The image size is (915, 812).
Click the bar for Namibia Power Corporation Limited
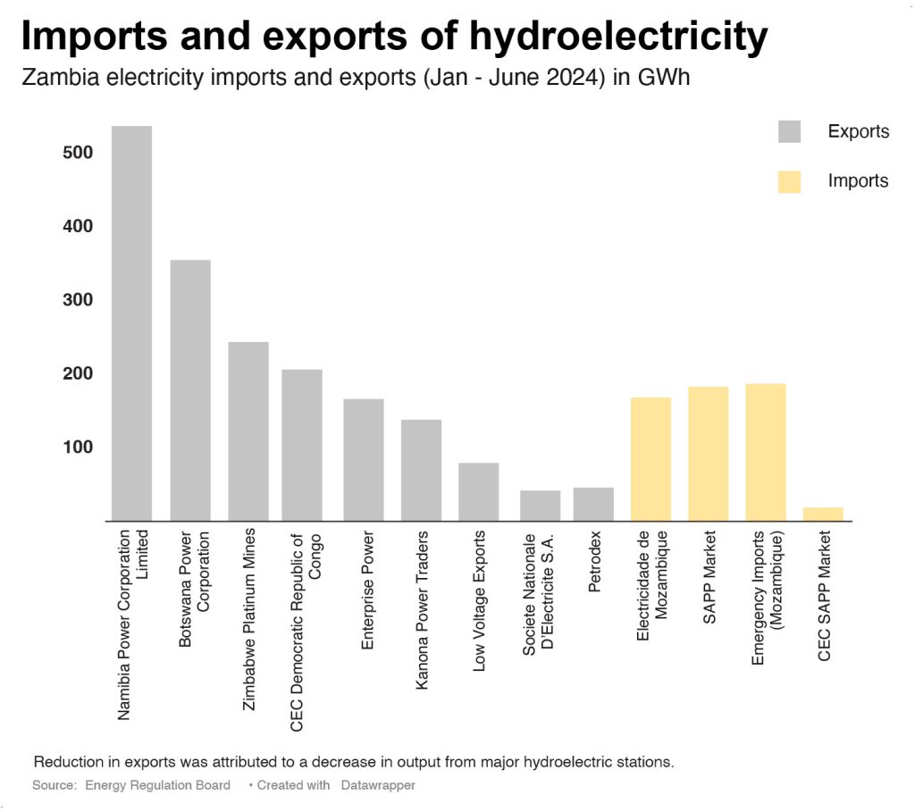coord(131,322)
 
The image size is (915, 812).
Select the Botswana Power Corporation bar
coord(190,390)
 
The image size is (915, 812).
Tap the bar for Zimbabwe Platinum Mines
coord(248,431)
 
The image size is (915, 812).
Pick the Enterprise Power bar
coord(364,459)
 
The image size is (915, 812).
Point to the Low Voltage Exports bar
coord(479,491)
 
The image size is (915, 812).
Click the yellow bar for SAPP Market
coord(708,454)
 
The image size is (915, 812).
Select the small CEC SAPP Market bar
coord(823,514)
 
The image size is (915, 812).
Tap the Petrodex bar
coord(593,504)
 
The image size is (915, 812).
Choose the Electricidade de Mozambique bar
coord(651,459)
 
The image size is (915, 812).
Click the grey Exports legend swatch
coord(789,132)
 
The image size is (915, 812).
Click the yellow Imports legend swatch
coord(789,181)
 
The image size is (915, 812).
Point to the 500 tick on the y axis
coord(78,153)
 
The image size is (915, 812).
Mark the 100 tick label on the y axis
coord(78,447)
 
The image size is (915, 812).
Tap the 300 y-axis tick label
coord(78,299)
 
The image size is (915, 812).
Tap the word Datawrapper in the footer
coord(378,785)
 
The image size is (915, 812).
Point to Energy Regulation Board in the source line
coord(157,785)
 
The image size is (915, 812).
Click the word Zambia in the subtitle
coord(52,78)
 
